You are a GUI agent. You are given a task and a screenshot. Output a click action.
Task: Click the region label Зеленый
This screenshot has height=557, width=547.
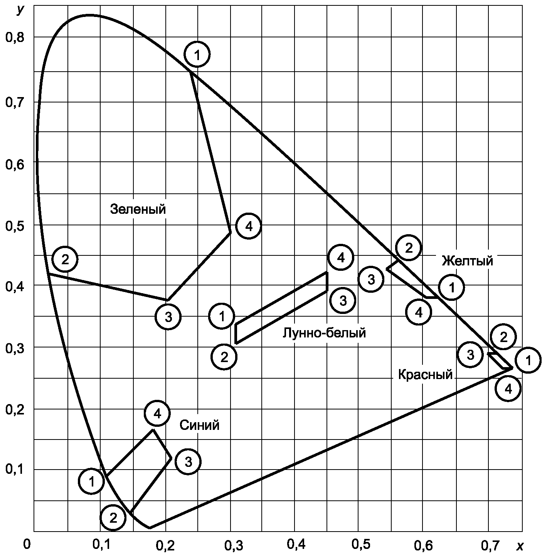(138, 209)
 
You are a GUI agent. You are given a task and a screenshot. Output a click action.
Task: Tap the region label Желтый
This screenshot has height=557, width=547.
(468, 261)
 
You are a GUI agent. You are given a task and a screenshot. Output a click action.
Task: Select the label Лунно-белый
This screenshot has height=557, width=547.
(324, 333)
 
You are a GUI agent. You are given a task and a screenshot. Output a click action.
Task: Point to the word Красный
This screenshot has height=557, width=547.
(425, 375)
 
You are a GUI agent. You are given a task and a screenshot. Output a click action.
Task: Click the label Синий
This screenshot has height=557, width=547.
(199, 425)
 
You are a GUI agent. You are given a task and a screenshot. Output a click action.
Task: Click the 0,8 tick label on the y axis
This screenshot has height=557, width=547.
(14, 37)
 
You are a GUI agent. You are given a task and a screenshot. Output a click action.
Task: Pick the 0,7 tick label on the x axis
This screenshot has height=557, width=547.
(491, 545)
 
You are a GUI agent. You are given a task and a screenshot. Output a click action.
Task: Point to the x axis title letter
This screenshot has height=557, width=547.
(520, 545)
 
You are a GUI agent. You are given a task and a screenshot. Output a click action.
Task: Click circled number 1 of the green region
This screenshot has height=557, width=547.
(197, 54)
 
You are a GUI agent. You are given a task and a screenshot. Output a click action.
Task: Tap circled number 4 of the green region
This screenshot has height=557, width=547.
(249, 226)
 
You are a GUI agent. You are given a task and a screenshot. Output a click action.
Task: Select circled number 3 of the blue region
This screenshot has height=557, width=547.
(189, 461)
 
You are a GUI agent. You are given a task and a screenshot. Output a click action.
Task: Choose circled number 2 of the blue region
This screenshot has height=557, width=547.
(113, 518)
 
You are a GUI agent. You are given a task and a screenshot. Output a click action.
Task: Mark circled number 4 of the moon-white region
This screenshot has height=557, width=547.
(341, 257)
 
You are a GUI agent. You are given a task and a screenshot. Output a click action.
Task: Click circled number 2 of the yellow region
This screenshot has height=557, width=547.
(409, 248)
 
